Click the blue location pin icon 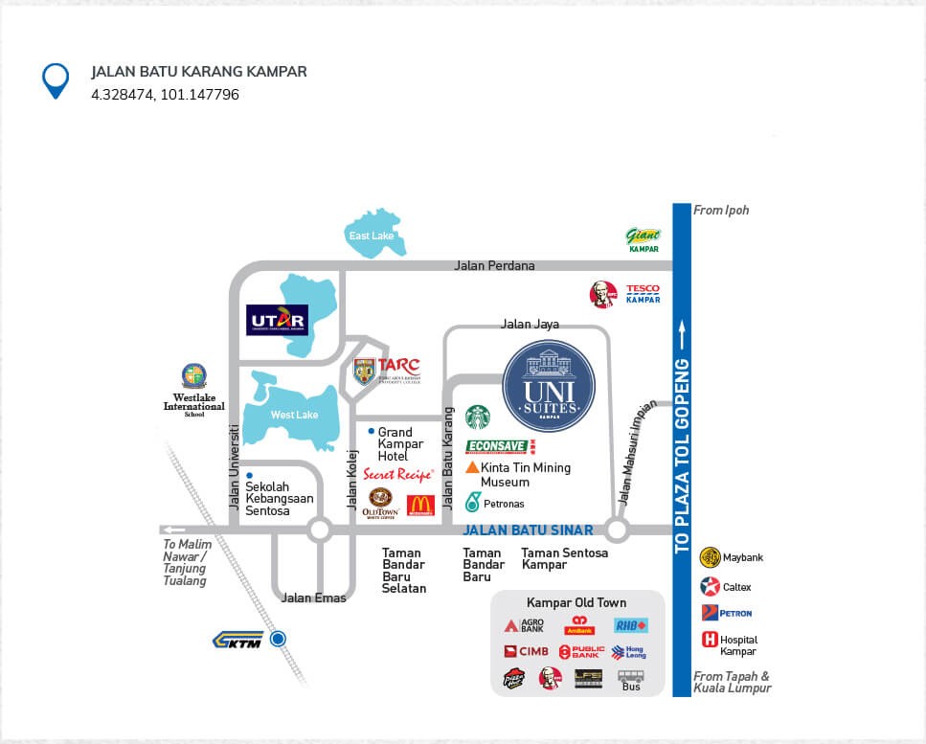[56, 80]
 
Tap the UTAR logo [277, 319]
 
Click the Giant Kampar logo [643, 238]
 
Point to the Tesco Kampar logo [643, 293]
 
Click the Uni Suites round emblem [549, 385]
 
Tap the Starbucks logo [478, 417]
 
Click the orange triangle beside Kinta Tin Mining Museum [472, 467]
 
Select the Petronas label [502, 504]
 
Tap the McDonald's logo [421, 505]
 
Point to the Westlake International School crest [193, 376]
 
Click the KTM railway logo [237, 641]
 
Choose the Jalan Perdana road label [494, 265]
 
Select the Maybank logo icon [710, 557]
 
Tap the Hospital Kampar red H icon [710, 640]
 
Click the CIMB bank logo [527, 651]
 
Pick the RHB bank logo [631, 625]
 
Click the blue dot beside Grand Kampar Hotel [371, 432]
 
